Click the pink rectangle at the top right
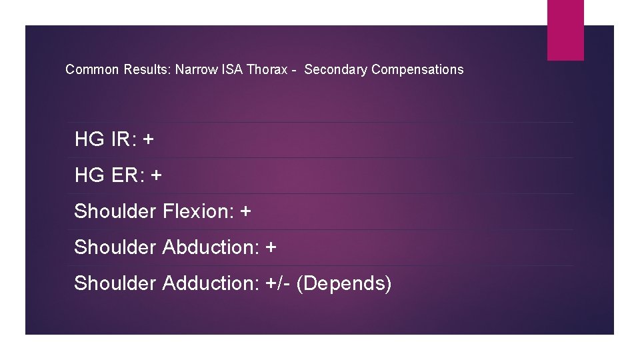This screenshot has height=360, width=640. point(565,30)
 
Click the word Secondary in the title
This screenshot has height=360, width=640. point(335,69)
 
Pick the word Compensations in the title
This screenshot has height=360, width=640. point(417,69)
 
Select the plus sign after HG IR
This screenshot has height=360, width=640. point(148,140)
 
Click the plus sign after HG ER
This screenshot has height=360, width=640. point(156,176)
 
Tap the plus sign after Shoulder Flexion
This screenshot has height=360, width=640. point(245,212)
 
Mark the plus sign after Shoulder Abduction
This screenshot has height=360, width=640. point(271,248)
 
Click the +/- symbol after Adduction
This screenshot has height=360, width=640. point(281,283)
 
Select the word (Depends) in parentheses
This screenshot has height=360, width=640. point(344,283)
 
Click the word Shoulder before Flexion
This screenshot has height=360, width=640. point(115,211)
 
